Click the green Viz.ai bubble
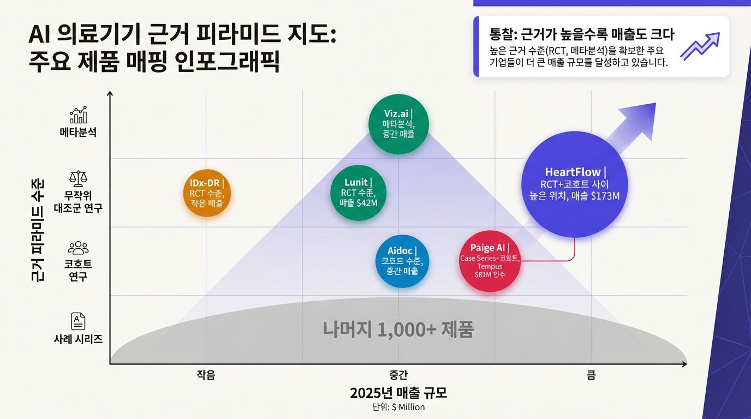(x=398, y=124)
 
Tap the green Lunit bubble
(x=359, y=192)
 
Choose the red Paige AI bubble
(x=490, y=261)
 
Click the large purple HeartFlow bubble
(x=575, y=185)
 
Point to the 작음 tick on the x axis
(x=206, y=375)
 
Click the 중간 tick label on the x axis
(x=398, y=375)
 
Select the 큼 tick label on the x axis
(x=591, y=375)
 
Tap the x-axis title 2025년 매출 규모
(x=398, y=393)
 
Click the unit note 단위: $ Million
(x=398, y=407)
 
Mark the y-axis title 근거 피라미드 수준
(x=39, y=229)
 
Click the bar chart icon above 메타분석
(x=78, y=115)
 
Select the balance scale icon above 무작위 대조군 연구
(x=78, y=178)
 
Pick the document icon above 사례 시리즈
(x=78, y=321)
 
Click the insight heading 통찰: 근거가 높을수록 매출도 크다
(x=582, y=34)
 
